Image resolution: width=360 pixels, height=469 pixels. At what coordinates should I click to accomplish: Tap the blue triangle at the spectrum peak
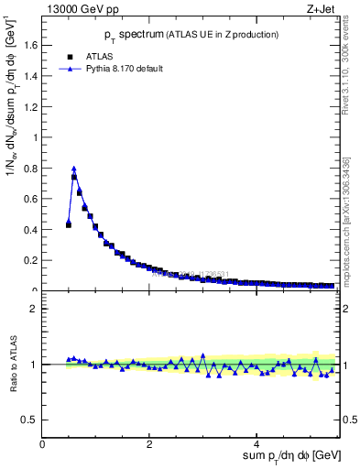pyautogui.click(x=74, y=169)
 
